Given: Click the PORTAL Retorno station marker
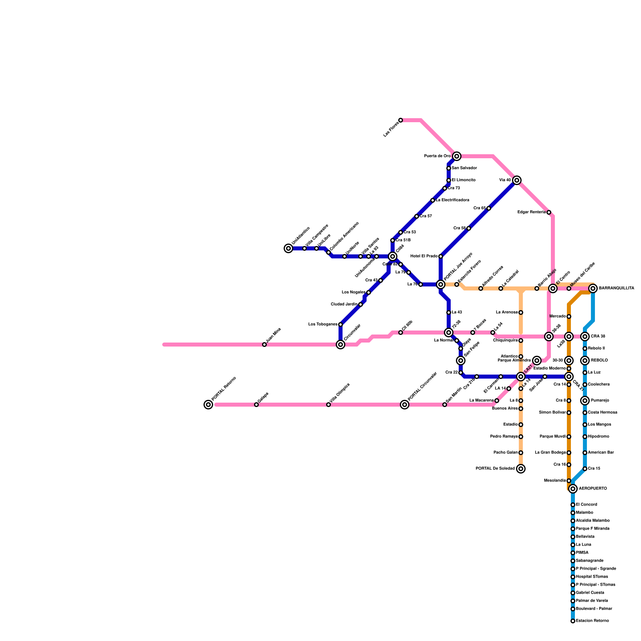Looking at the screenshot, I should coord(208,405).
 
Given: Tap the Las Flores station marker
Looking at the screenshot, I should coord(401,120).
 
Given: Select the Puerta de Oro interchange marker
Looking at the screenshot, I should coord(457,156).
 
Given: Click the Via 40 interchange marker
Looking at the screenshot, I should coord(517,180).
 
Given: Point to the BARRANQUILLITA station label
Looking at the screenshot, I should coord(616,288).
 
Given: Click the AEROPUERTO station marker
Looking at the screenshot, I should coord(573,489).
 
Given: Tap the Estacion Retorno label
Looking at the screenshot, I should coord(592,621).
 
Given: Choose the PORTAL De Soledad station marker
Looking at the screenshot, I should coord(521,469).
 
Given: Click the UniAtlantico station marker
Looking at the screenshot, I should coord(288,248).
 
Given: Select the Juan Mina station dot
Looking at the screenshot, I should coord(264,345).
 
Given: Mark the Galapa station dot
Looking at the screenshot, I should coord(256,405).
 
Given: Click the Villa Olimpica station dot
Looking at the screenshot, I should coord(329,405).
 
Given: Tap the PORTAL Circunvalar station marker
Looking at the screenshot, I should coord(405,405).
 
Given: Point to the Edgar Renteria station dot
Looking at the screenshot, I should coord(549,212).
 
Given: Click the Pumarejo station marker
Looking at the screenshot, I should coord(585,401).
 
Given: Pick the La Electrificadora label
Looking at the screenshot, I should coord(452,200).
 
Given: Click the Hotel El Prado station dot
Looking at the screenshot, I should coord(441,256).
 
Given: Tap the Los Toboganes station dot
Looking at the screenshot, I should coord(341,325).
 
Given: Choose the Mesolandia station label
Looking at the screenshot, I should coord(555,481).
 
